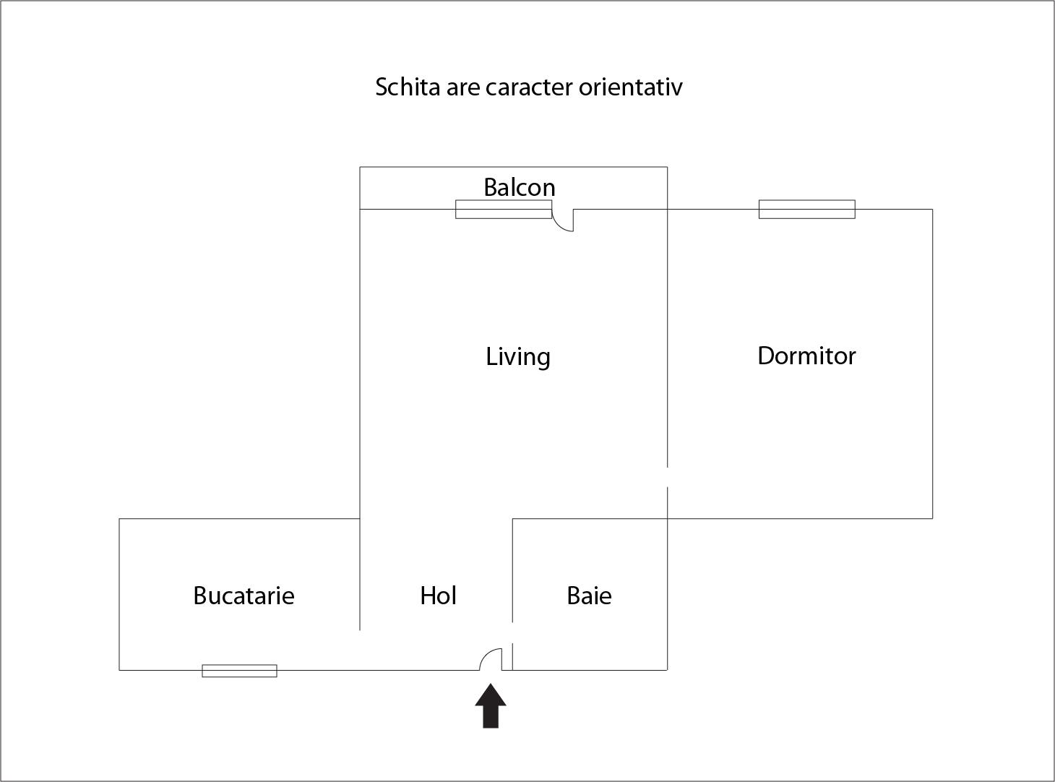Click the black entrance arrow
tap(491, 706)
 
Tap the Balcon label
tap(520, 187)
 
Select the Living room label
tap(518, 356)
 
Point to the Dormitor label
tap(806, 356)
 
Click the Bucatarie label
tap(244, 596)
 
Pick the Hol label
tap(438, 596)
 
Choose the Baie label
tap(590, 596)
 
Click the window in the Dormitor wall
tap(806, 210)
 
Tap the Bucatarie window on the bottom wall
tap(239, 671)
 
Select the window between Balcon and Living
tap(504, 210)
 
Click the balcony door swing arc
tap(563, 220)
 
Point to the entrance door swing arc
tap(491, 659)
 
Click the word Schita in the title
tap(408, 87)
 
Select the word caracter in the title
tap(529, 87)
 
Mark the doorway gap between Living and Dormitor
tap(668, 477)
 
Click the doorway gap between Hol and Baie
tap(512, 632)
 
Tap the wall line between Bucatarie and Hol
tap(360, 575)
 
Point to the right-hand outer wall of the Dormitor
tap(932, 364)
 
